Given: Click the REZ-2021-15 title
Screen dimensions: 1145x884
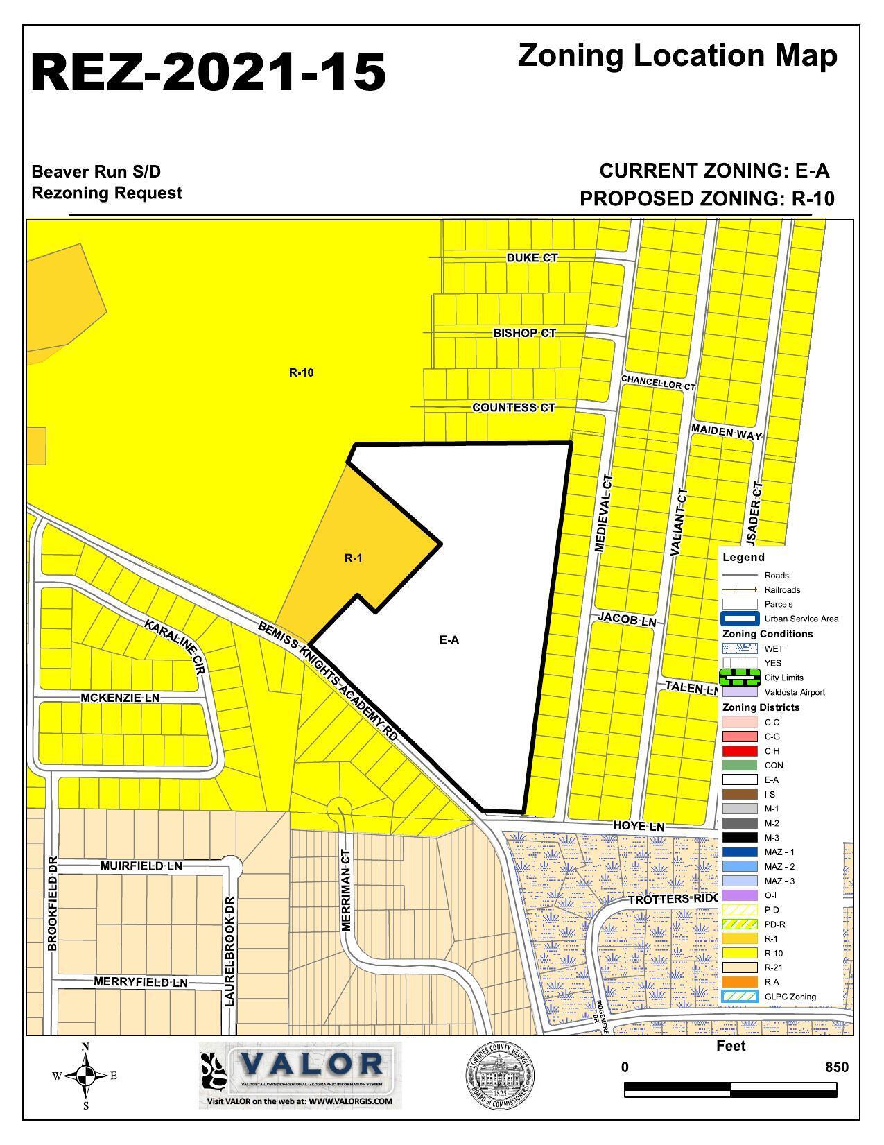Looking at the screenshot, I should pos(208,72).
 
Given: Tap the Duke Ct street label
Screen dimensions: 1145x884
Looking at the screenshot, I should pos(532,258).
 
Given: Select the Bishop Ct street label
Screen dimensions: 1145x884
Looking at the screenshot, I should pos(524,333).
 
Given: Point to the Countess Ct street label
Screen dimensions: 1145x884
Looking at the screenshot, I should pos(514,408).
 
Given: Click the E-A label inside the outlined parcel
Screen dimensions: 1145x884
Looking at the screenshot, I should pos(449,640).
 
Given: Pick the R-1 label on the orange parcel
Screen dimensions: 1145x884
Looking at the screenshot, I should pos(354,558).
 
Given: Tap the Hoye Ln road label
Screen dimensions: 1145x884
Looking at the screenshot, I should pos(639,826).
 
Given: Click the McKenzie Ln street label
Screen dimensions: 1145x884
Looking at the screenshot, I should pos(120,698).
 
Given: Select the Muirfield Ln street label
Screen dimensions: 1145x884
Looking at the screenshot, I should pos(141,866).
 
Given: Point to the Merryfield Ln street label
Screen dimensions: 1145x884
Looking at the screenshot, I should pos(141,983).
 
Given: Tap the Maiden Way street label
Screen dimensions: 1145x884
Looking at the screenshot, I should pos(726,433).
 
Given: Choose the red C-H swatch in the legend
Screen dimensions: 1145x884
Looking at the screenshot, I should pos(739,751).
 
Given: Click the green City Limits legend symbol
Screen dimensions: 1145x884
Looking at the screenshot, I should pos(739,678).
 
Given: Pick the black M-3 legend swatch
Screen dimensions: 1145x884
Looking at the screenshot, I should pos(739,838).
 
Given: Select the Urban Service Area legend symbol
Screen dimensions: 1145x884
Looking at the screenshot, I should pos(739,619).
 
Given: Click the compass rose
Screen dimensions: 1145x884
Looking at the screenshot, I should pos(85,1076).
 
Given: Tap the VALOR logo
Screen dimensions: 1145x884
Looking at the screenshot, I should pos(300,1074).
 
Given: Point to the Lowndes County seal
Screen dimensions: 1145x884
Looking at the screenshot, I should pos(499,1076).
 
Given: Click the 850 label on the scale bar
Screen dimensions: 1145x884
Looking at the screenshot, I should pos(836,1067).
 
